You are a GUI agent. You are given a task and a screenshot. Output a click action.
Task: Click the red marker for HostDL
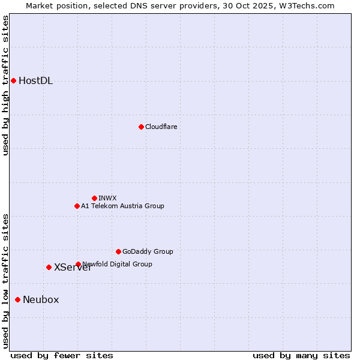(13, 80)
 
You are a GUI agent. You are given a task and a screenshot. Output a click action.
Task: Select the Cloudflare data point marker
(141, 127)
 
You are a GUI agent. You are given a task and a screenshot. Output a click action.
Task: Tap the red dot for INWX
(94, 198)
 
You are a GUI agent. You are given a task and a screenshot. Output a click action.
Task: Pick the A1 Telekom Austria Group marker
(77, 206)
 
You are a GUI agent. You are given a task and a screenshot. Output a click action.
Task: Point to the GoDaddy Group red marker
(118, 251)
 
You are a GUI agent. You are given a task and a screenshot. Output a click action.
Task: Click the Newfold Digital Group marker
(78, 264)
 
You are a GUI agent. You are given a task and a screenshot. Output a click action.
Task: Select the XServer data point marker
(49, 267)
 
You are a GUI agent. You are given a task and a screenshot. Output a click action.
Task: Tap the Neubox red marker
(18, 299)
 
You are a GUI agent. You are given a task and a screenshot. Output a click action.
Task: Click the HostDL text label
(35, 81)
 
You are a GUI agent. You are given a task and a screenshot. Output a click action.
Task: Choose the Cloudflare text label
(161, 127)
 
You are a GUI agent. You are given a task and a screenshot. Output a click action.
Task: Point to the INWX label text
(107, 198)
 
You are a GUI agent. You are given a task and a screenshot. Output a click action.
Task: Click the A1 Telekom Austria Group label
(122, 206)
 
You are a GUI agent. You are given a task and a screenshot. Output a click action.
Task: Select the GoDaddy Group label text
(148, 251)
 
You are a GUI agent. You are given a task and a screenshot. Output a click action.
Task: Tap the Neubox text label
(41, 300)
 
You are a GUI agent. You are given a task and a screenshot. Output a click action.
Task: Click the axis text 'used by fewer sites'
(62, 355)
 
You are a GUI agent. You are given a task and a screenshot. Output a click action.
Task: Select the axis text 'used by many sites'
(301, 355)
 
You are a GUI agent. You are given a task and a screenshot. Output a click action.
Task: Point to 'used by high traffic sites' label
(6, 85)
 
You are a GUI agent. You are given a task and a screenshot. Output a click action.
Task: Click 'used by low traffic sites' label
(6, 281)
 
